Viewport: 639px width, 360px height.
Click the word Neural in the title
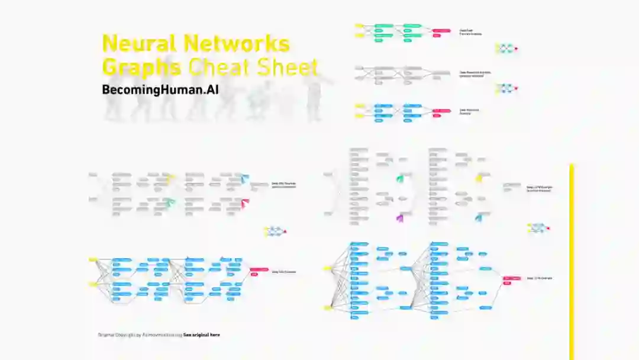140,44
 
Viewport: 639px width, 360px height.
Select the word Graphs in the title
141,67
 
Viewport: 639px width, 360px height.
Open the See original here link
201,335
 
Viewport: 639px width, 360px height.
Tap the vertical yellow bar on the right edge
572,261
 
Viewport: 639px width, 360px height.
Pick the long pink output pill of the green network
441,30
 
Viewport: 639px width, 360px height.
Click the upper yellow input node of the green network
359,25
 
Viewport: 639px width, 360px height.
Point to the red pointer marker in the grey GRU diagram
245,202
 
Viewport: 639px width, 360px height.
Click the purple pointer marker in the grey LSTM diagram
399,218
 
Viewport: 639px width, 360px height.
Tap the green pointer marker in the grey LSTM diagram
400,178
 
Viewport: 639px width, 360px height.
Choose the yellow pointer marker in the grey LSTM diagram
479,178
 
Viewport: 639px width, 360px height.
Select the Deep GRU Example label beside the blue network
283,272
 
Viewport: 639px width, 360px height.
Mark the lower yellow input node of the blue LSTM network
327,308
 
